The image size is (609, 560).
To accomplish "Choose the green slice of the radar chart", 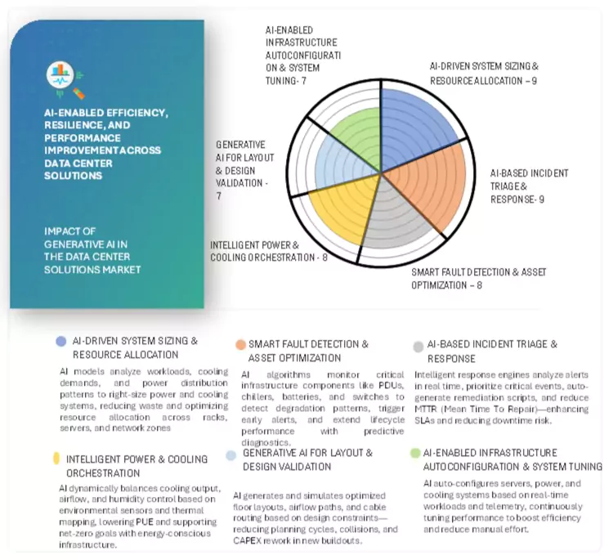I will coord(352,135).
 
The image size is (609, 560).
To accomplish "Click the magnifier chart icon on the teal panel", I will coord(63,77).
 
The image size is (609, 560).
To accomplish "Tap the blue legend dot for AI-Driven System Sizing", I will coord(61,341).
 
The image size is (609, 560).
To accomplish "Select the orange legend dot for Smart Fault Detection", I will coord(240,345).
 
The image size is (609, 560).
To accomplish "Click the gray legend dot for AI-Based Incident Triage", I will coord(419,346).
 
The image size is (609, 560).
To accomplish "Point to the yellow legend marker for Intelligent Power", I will coord(56,459).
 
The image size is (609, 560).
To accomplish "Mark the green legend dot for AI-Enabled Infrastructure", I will coord(416,453).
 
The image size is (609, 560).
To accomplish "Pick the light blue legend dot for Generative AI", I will coord(231,455).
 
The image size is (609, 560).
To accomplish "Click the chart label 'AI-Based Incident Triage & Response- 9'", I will coord(528,186).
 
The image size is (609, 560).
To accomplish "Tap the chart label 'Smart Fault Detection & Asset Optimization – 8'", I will coord(478,278).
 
